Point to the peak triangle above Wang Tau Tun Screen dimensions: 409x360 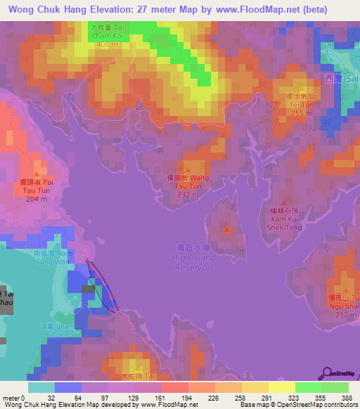coord(188,170)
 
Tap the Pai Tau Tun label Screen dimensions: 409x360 coord(36,186)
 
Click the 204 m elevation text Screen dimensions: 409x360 coord(36,199)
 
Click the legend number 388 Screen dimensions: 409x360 coord(348,398)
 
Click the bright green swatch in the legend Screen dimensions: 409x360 coord(308,387)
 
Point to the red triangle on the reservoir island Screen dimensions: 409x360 coord(226,229)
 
